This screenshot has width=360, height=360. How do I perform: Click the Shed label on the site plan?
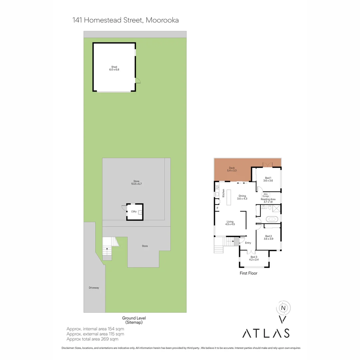(114, 68)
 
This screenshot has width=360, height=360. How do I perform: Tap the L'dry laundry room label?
(134, 211)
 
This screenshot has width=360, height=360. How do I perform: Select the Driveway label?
(94, 288)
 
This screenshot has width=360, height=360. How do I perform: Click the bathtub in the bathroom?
(272, 219)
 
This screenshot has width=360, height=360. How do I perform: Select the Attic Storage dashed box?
(266, 195)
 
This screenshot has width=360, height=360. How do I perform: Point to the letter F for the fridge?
(217, 208)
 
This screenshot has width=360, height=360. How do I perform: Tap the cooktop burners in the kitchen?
(217, 187)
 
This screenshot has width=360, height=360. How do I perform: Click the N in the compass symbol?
(283, 308)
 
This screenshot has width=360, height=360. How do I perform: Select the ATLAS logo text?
(266, 333)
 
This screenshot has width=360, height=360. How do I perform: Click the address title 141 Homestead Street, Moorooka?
(126, 20)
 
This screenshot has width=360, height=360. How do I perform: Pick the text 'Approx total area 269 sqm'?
(92, 339)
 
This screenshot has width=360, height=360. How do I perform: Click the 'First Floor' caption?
(248, 273)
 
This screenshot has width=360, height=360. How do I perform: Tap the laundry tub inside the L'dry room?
(140, 212)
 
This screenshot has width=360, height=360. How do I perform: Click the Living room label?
(230, 223)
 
